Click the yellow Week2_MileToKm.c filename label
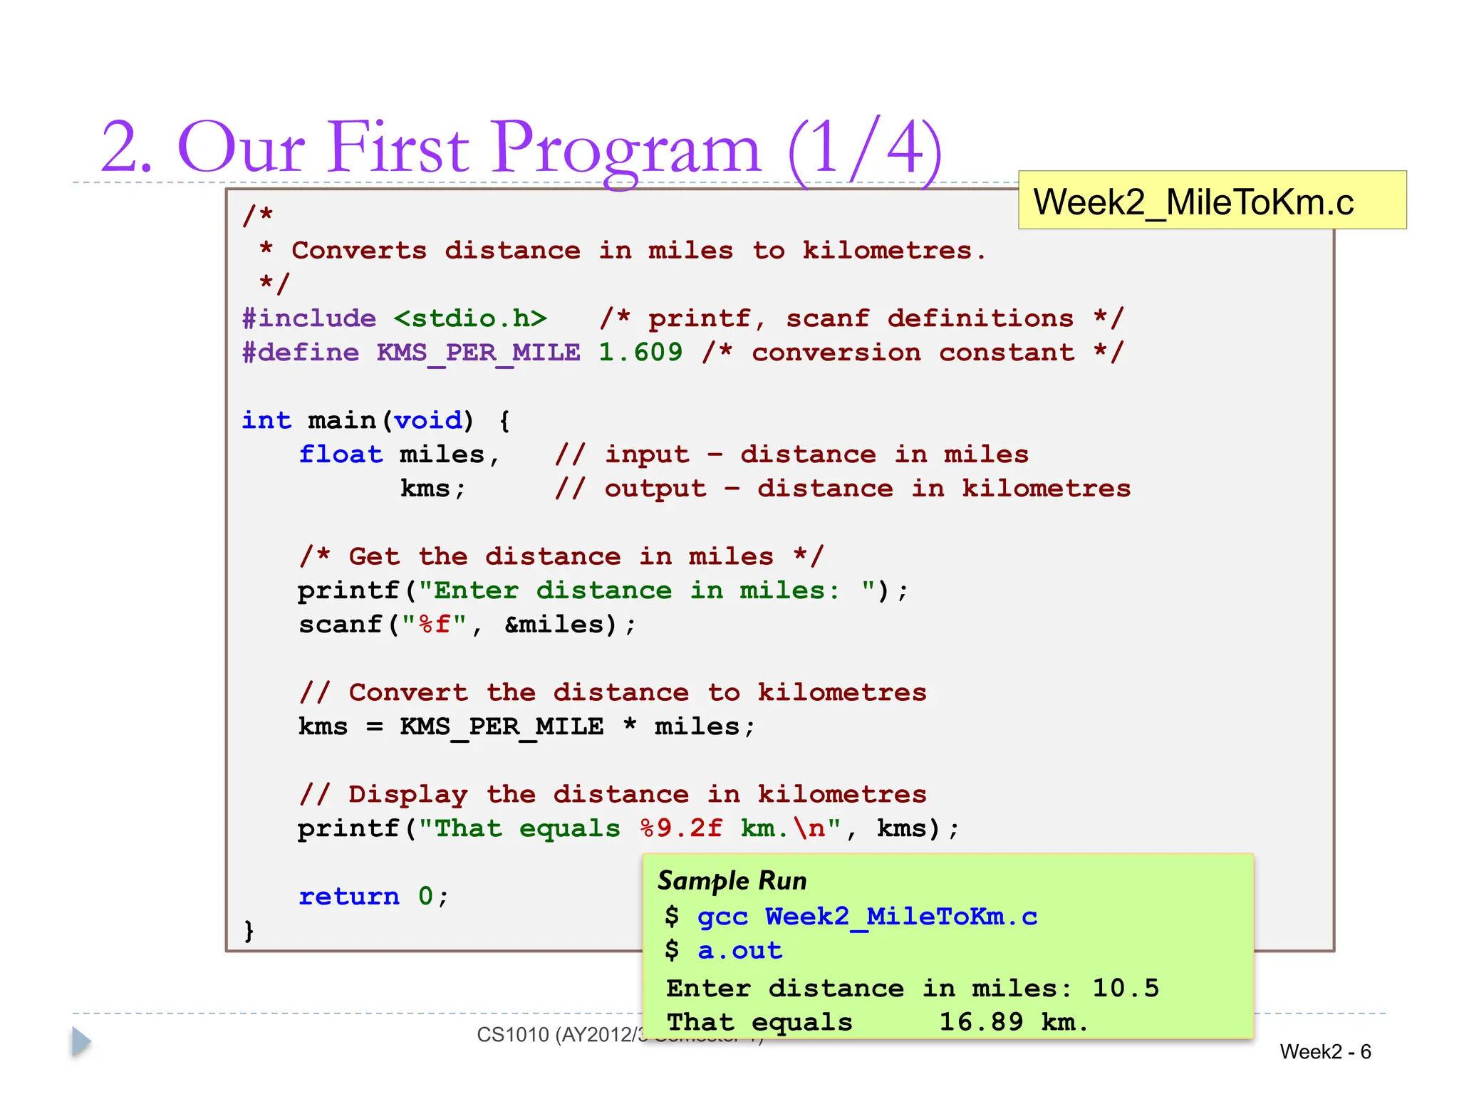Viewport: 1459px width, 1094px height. (1211, 200)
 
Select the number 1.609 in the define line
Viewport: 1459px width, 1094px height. (640, 352)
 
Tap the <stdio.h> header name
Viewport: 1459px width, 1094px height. (470, 318)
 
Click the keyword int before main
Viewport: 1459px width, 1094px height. (266, 420)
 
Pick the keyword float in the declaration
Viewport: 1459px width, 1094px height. (341, 454)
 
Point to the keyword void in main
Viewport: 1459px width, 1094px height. (428, 420)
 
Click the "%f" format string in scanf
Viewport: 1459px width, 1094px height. (434, 625)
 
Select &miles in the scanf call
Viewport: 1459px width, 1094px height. (559, 625)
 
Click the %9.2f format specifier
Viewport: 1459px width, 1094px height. (681, 828)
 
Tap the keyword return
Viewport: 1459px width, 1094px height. (349, 896)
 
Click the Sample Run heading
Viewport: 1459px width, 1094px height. (732, 881)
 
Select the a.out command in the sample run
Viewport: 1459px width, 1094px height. (739, 951)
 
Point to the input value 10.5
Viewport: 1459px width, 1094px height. (1126, 989)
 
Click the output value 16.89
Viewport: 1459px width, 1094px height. (981, 1023)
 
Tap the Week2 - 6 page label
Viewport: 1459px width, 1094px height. (1325, 1052)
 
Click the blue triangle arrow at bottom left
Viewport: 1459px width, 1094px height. (81, 1042)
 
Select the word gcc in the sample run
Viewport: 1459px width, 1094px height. (722, 917)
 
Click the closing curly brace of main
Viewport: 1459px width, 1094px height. (249, 930)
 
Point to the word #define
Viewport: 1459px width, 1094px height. (301, 352)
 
